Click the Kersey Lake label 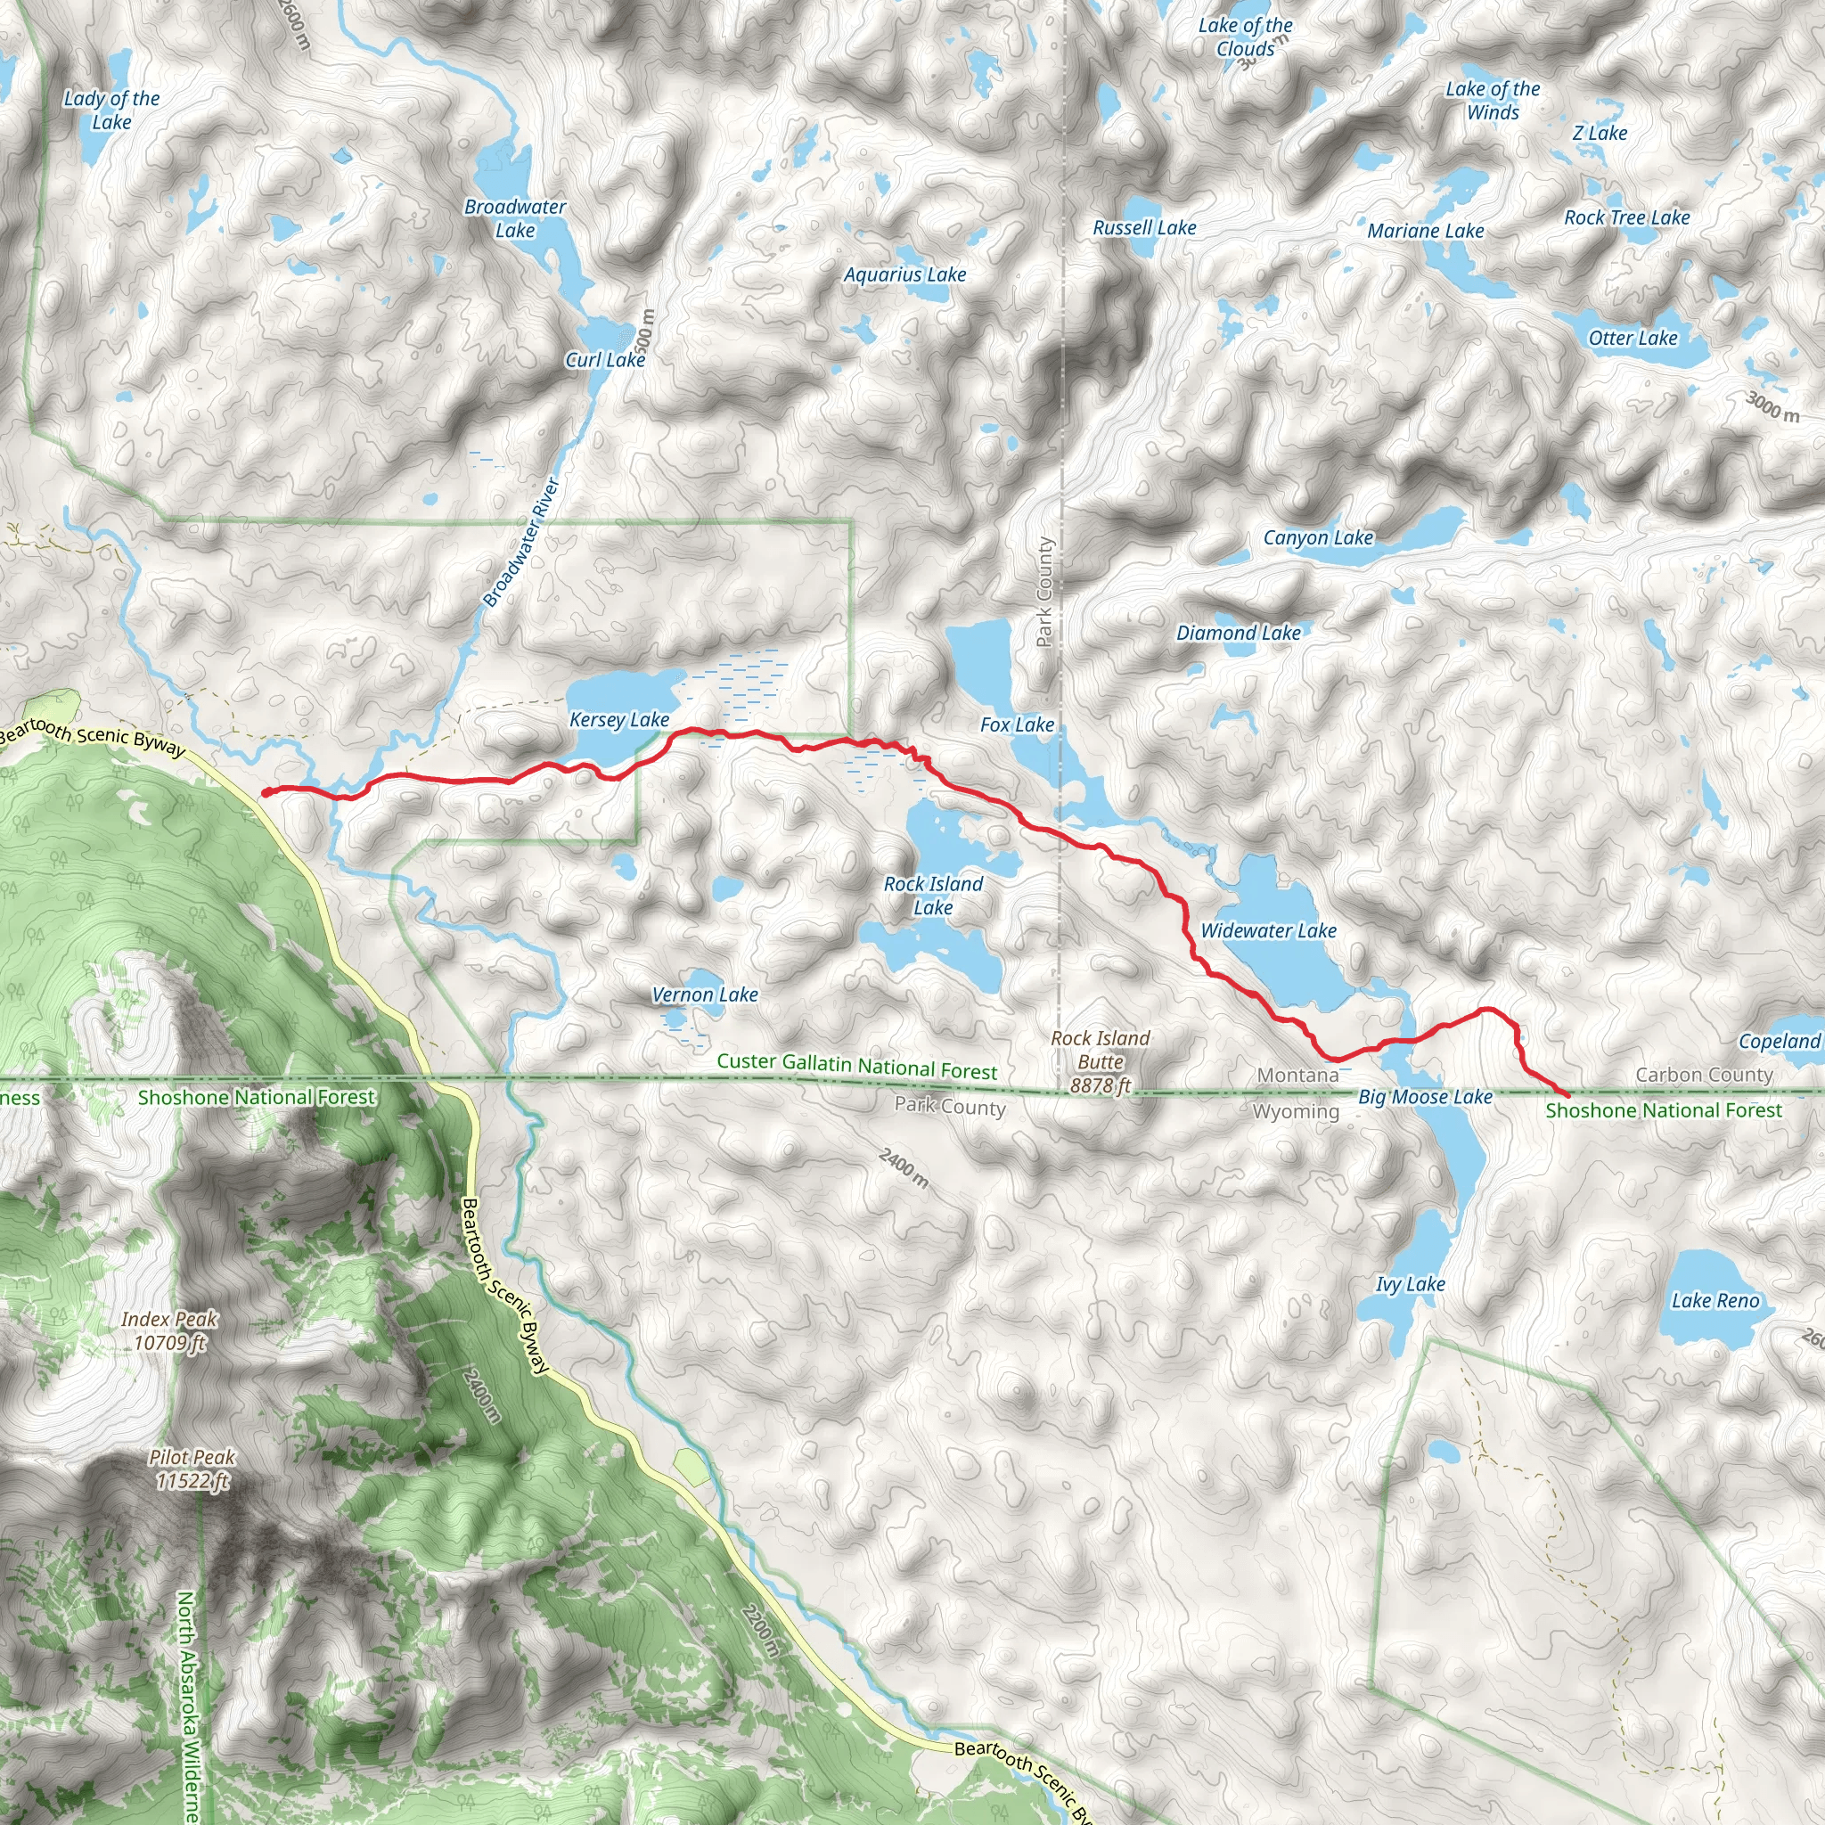(618, 720)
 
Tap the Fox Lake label (1017, 724)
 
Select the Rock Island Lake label (932, 896)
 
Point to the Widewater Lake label (1268, 930)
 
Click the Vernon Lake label (705, 994)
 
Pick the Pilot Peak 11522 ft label (192, 1469)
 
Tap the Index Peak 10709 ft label (170, 1330)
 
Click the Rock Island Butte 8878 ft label (1100, 1061)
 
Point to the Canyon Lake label (1318, 537)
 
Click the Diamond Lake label (1238, 633)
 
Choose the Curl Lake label (604, 360)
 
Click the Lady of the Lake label (111, 110)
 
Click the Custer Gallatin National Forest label (855, 1066)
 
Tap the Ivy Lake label (1410, 1284)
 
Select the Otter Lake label (1633, 338)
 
